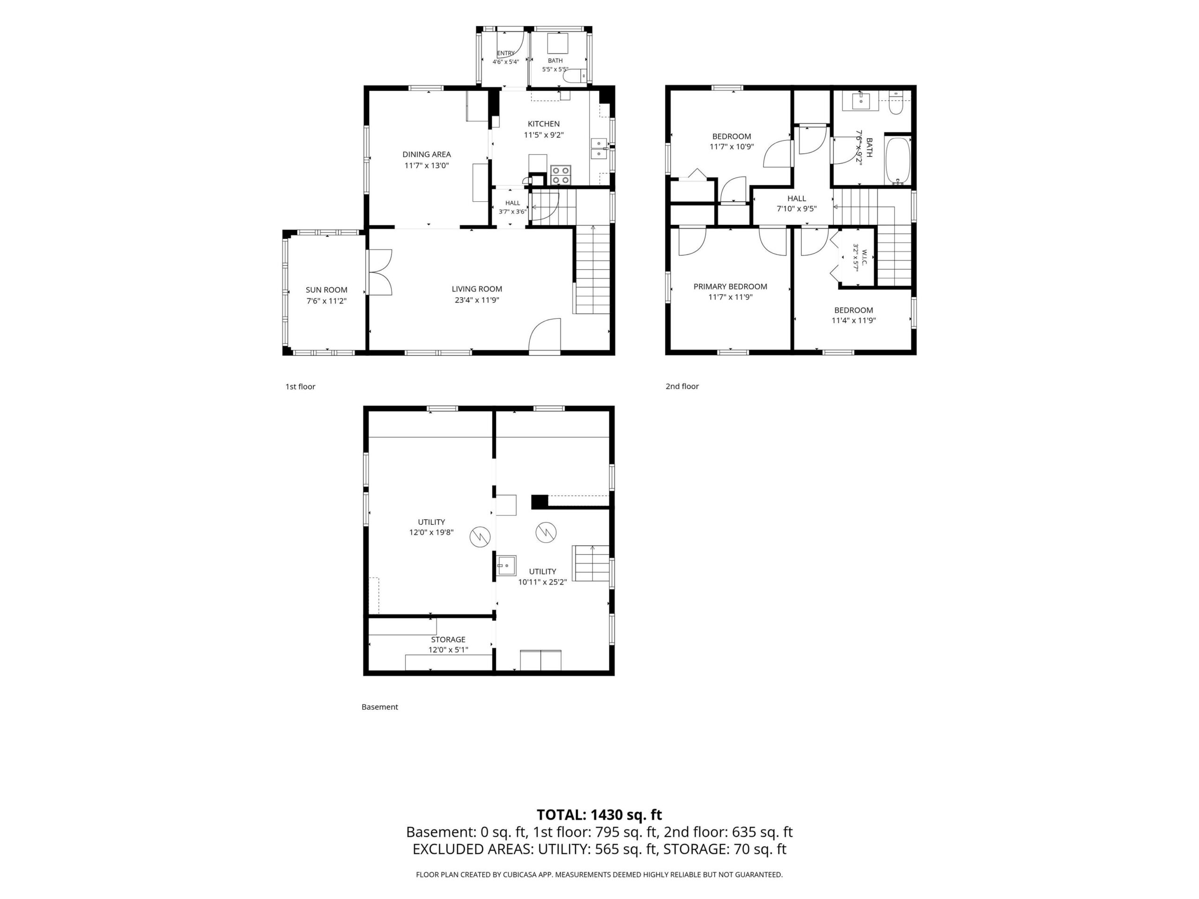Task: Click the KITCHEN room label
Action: (544, 124)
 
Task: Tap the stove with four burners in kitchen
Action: (561, 175)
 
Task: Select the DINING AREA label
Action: (427, 155)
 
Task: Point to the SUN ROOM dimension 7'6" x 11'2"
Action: (326, 301)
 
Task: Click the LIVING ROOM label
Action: (477, 289)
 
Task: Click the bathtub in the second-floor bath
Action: (898, 161)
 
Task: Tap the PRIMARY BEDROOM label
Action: (730, 287)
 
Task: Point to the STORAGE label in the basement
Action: (448, 640)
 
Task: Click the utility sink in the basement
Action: (507, 566)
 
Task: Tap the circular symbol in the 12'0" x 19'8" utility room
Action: (480, 537)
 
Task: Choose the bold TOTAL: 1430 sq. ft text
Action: (599, 814)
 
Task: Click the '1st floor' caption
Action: (300, 386)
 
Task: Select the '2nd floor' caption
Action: (682, 386)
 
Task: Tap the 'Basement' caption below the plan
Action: (379, 707)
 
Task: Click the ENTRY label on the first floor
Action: (506, 53)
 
